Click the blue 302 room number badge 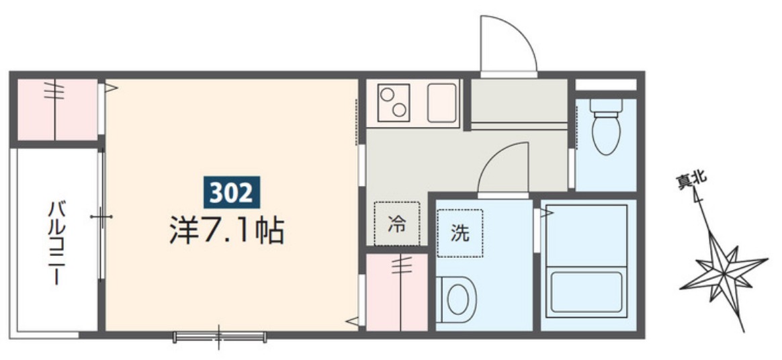click(231, 193)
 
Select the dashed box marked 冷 click(396, 224)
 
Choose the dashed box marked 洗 click(460, 233)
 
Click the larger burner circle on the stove click(388, 95)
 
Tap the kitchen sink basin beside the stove click(441, 103)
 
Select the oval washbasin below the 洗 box click(459, 298)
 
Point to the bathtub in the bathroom click(586, 290)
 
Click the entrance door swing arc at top click(508, 43)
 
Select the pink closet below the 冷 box click(397, 291)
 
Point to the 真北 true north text click(690, 179)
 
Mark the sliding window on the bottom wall click(219, 336)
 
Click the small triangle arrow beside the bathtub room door click(547, 213)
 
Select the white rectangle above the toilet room click(605, 85)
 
